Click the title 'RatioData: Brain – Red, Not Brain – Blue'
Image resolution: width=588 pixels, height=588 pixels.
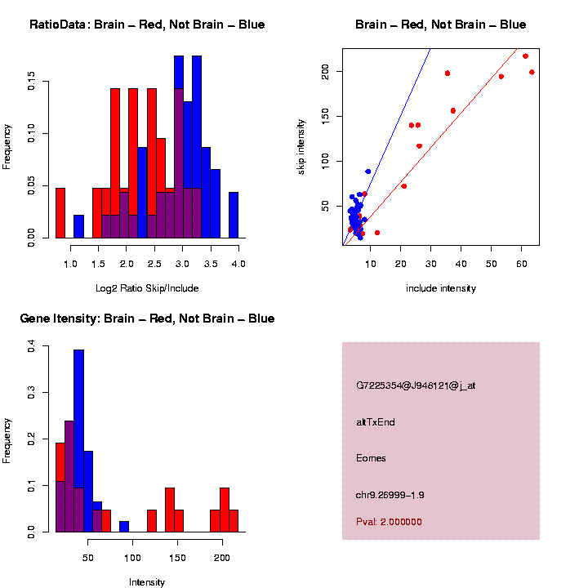147,24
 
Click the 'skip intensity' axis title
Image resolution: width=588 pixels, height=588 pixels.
301,147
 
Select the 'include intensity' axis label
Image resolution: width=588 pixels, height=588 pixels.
440,288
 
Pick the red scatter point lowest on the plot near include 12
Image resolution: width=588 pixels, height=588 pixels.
377,233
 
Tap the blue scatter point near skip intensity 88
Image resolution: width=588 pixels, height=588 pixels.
368,171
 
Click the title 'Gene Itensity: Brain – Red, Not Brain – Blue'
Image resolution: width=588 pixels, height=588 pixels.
147,318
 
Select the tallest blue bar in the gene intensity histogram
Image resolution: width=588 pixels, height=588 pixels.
78,440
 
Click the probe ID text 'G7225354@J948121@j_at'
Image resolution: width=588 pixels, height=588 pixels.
415,385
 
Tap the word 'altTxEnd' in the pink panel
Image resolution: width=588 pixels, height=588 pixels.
376,422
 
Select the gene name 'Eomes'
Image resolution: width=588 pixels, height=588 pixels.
371,458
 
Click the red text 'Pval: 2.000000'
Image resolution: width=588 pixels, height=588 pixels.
389,522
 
